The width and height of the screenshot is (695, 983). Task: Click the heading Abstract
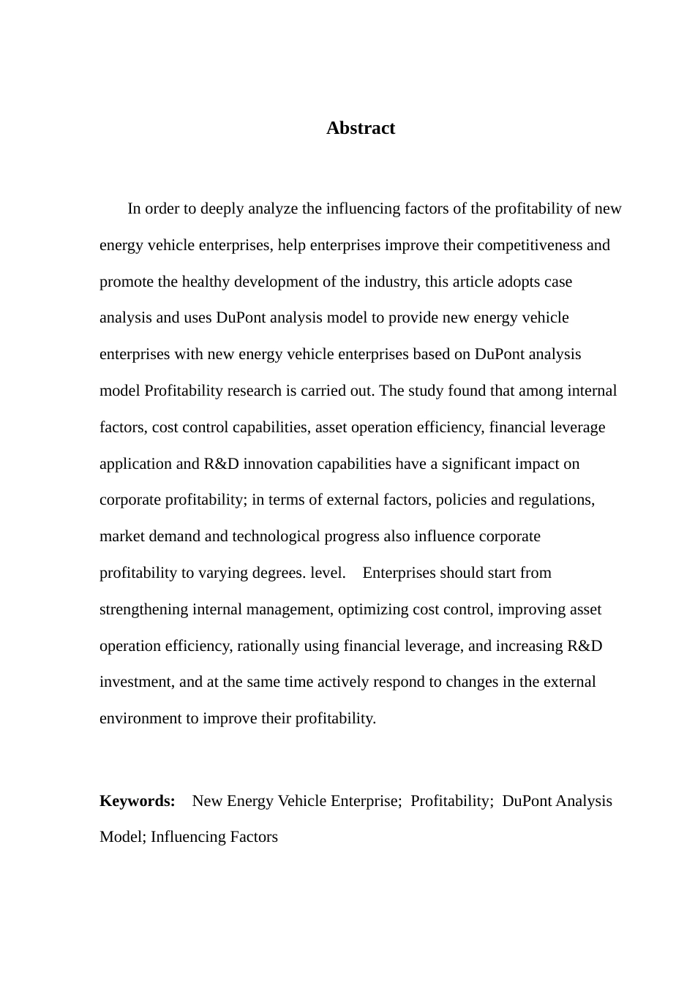360,128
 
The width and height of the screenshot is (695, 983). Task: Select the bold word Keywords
137,801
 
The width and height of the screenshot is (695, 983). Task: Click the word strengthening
144,609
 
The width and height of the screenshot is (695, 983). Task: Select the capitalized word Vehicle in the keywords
301,801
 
